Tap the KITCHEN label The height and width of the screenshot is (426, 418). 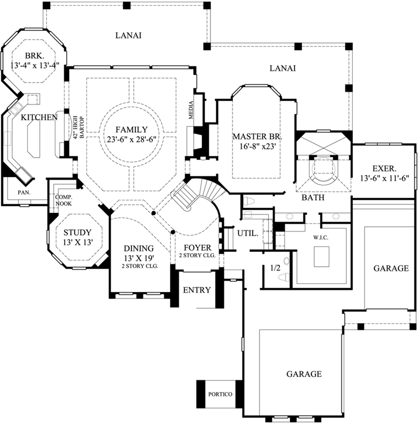39,118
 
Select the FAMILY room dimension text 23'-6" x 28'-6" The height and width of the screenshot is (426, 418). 131,139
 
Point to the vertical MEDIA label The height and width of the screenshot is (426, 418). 191,110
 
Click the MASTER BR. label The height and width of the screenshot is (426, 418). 257,137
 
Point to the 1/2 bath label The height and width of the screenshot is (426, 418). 276,268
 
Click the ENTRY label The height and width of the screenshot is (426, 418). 197,290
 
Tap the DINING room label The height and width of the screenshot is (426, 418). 138,248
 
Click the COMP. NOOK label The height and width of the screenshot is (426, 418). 63,200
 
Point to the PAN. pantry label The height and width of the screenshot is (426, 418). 24,192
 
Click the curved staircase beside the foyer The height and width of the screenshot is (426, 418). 193,193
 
